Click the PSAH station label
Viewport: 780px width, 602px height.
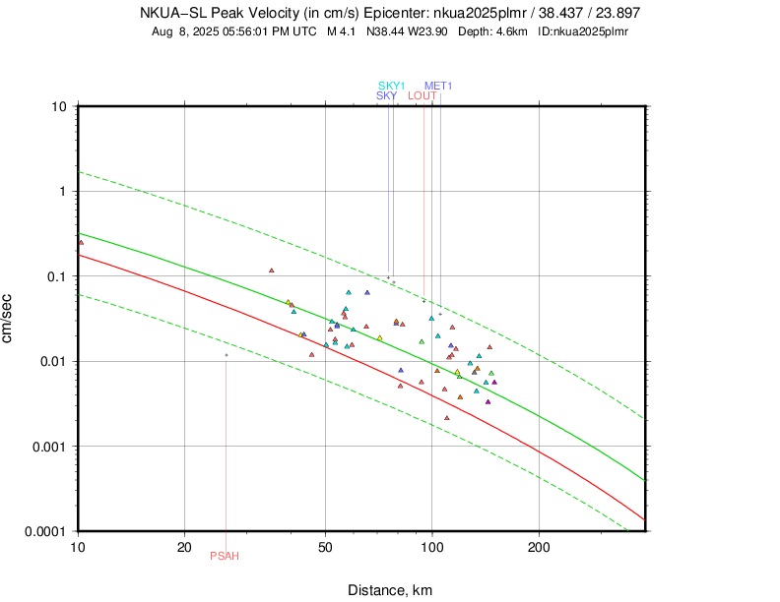click(225, 556)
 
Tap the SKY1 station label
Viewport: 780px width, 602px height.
click(392, 86)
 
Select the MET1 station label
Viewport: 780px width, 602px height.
click(438, 86)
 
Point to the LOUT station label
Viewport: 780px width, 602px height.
click(422, 95)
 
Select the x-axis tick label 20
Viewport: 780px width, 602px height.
click(184, 546)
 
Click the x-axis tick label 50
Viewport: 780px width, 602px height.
click(325, 546)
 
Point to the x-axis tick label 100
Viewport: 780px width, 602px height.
click(431, 546)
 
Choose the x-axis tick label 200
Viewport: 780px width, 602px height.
click(538, 546)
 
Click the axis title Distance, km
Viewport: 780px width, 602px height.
click(390, 590)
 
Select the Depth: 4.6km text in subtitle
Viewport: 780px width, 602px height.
click(495, 31)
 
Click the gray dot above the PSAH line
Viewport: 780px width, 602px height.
click(226, 355)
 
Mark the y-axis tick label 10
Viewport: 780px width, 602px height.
click(59, 106)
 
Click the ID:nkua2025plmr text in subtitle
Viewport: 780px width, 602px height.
click(584, 31)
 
